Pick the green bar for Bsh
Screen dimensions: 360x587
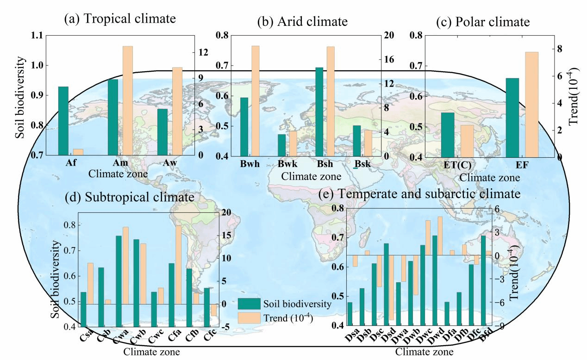click(319, 112)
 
